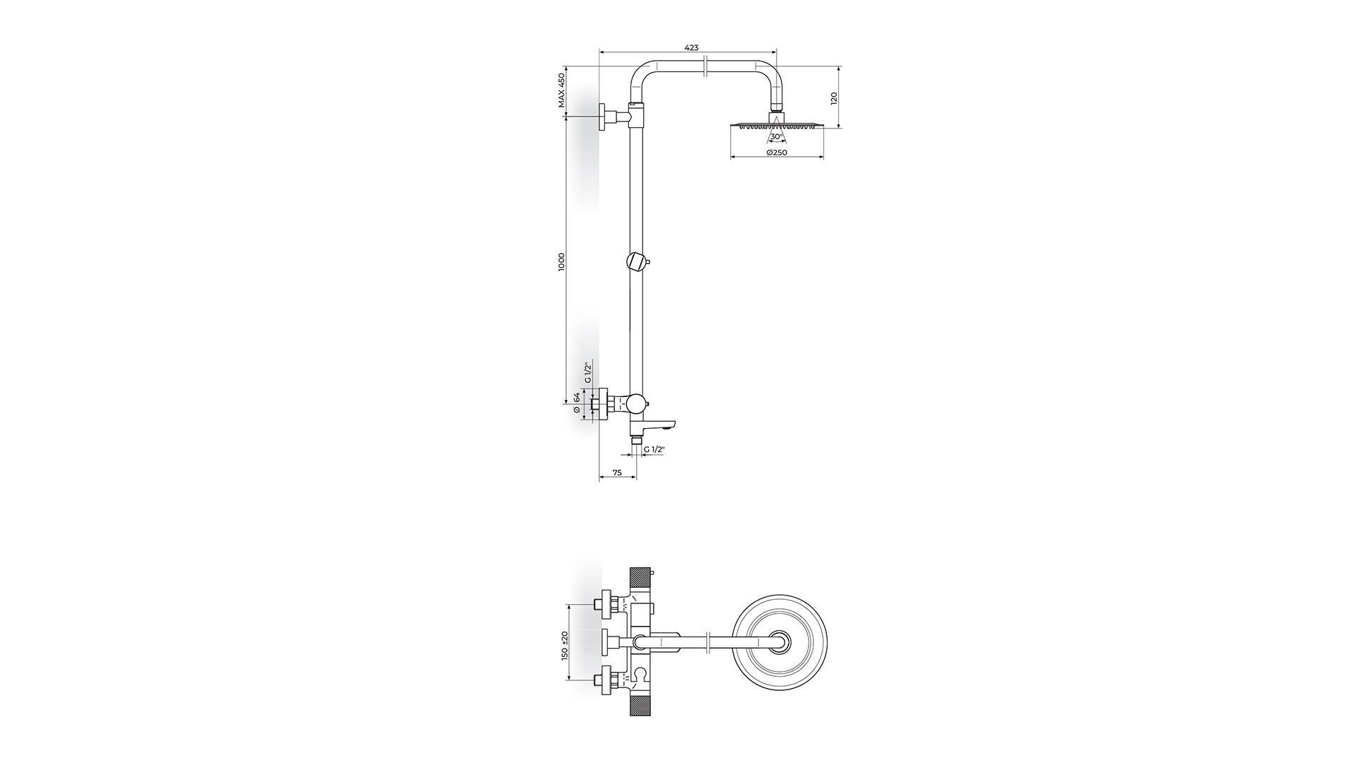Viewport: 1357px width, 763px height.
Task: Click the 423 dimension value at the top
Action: click(691, 47)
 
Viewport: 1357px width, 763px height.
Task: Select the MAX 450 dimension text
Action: click(562, 90)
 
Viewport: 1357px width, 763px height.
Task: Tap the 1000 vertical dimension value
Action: click(562, 261)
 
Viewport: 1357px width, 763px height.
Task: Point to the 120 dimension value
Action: click(834, 97)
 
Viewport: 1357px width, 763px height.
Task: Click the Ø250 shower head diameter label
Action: click(777, 153)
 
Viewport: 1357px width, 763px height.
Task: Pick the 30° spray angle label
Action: click(776, 136)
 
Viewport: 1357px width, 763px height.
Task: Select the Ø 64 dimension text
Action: click(577, 403)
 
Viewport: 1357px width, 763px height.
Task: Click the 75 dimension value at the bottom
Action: click(617, 473)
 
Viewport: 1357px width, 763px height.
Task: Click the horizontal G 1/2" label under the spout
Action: click(654, 449)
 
